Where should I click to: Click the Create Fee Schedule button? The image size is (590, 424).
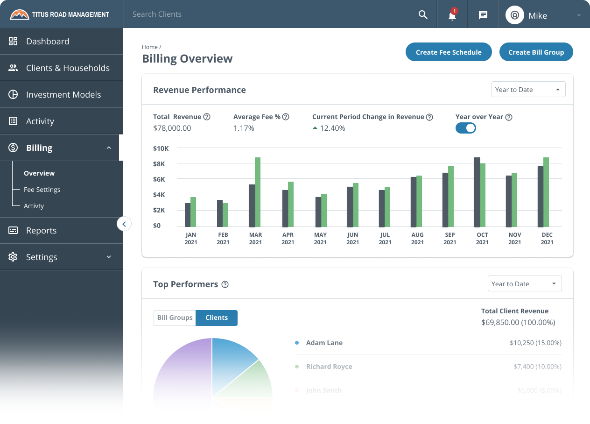[449, 52]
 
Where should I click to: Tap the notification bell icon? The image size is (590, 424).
[452, 15]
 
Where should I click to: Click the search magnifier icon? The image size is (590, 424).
[423, 15]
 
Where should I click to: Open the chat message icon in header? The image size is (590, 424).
[483, 15]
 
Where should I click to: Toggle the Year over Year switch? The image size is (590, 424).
[465, 128]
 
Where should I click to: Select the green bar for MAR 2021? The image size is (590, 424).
[258, 192]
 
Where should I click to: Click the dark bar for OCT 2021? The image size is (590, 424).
[477, 192]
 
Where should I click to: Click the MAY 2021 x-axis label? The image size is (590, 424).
[320, 239]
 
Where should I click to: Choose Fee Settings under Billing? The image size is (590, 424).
[42, 190]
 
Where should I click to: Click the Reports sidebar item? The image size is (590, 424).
[41, 231]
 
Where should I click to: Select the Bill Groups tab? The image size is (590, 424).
[175, 318]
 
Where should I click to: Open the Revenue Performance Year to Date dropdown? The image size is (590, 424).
[528, 90]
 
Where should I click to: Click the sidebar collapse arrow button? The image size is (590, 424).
[124, 224]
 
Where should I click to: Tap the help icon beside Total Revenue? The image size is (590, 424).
[207, 117]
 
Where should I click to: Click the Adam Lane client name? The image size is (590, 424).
[324, 343]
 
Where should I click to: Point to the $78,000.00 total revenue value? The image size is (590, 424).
[172, 128]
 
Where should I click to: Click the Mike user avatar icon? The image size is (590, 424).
[515, 15]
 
